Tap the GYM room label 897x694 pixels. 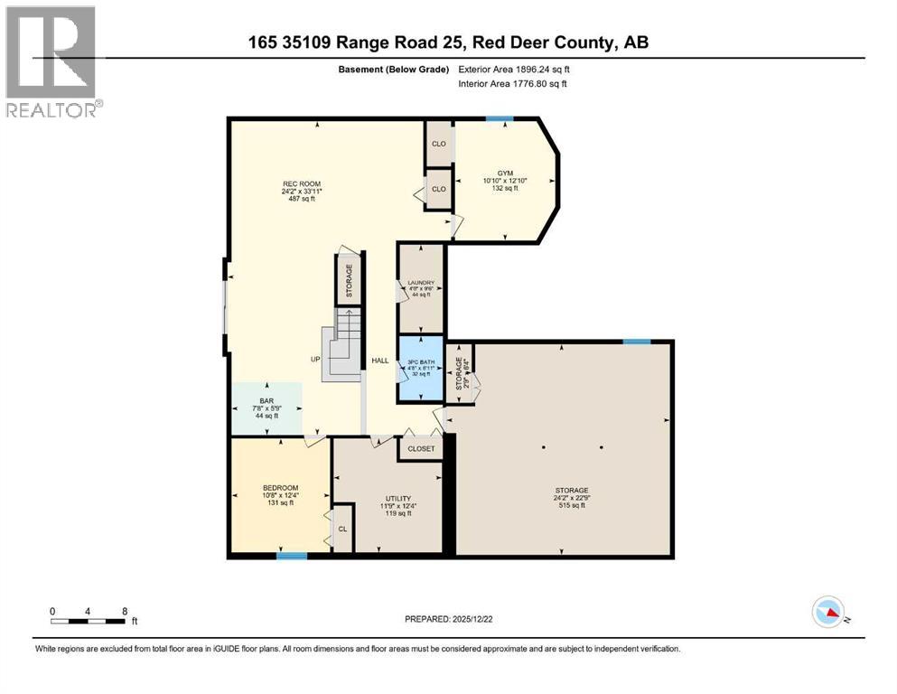coord(504,173)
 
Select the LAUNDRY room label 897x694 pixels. coord(421,283)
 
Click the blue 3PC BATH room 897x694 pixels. coord(421,369)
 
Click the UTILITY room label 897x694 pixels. coord(397,498)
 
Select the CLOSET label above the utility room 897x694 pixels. coord(421,448)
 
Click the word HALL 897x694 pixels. coord(380,361)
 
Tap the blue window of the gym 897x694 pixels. coord(500,118)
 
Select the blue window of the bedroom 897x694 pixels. coord(291,555)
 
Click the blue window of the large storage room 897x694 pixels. coord(637,341)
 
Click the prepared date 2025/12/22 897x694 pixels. coord(448,619)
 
